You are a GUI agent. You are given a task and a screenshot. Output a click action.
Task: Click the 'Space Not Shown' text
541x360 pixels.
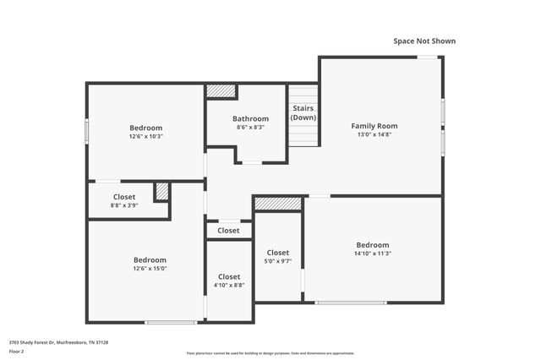424,41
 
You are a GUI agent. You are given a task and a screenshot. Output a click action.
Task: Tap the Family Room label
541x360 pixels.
374,126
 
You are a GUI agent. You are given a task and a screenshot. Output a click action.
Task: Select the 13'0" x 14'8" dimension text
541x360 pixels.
374,135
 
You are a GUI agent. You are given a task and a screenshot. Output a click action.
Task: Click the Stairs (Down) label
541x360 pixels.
303,113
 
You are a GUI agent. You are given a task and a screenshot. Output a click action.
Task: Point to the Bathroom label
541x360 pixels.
250,118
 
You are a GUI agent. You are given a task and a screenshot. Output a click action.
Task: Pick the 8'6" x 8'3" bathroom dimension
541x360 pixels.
250,128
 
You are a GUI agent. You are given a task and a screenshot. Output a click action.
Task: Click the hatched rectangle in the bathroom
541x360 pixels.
221,90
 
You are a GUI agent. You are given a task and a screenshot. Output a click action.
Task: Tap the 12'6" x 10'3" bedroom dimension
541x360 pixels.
145,136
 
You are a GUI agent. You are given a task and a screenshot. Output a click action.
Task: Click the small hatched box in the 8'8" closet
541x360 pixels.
161,191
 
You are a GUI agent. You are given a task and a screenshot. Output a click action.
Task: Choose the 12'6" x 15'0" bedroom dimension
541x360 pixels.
150,269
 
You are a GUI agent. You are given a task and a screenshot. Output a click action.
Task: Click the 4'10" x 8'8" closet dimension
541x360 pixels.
228,286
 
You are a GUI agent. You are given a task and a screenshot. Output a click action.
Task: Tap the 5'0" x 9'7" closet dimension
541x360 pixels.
278,262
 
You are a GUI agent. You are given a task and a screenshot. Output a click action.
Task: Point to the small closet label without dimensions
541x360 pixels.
228,231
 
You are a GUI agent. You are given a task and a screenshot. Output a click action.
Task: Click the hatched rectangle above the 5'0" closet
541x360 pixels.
278,204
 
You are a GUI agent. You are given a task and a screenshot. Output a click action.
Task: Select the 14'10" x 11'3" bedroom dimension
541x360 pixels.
373,254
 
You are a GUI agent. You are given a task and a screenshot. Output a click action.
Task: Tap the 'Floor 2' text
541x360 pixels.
17,351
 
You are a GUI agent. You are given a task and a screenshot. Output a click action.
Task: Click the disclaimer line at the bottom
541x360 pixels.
270,353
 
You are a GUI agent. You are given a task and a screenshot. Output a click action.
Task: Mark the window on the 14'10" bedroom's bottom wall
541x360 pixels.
339,303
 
